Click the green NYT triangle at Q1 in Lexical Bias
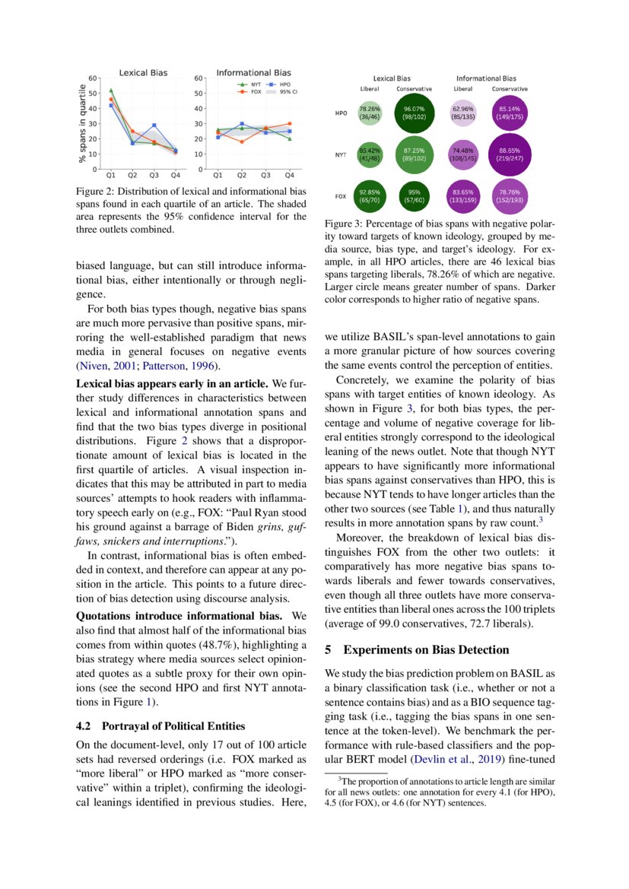click(111, 90)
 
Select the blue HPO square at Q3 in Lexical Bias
click(154, 125)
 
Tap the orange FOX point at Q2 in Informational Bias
click(242, 141)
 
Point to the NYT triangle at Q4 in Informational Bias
click(290, 138)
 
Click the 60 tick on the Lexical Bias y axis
click(92, 78)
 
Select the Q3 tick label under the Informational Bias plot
click(265, 175)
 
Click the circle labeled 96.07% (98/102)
click(415, 113)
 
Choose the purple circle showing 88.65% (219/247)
click(510, 154)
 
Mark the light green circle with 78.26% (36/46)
click(370, 113)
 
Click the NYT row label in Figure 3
click(342, 155)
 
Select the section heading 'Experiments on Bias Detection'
click(417, 650)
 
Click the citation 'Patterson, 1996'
click(180, 366)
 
